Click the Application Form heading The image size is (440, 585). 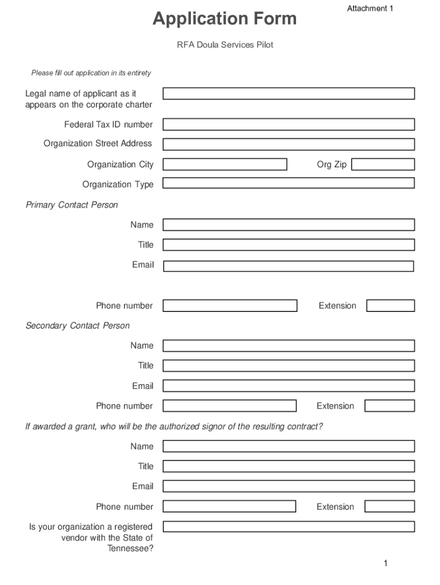(x=225, y=19)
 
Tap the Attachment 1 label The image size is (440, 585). (x=370, y=9)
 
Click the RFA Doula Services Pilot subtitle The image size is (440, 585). (x=225, y=45)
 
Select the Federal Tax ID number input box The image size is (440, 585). (x=289, y=125)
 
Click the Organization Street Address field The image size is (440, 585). (x=289, y=144)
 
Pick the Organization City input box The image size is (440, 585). (x=225, y=165)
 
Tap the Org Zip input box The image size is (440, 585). (x=383, y=165)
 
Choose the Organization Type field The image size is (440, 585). (x=289, y=183)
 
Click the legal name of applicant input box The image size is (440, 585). (x=289, y=94)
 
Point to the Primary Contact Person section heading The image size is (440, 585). (x=72, y=205)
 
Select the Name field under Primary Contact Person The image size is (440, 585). (x=289, y=225)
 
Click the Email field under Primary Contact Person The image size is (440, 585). (x=289, y=266)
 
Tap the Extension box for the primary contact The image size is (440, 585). (x=390, y=306)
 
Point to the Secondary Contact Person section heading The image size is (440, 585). (x=78, y=326)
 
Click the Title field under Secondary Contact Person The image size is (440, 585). (x=289, y=366)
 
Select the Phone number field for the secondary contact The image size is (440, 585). (x=229, y=406)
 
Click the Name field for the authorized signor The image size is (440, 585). (x=289, y=446)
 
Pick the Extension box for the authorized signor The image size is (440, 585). (x=389, y=507)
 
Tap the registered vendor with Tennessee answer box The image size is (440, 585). (x=289, y=527)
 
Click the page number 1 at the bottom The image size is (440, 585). (x=386, y=564)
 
